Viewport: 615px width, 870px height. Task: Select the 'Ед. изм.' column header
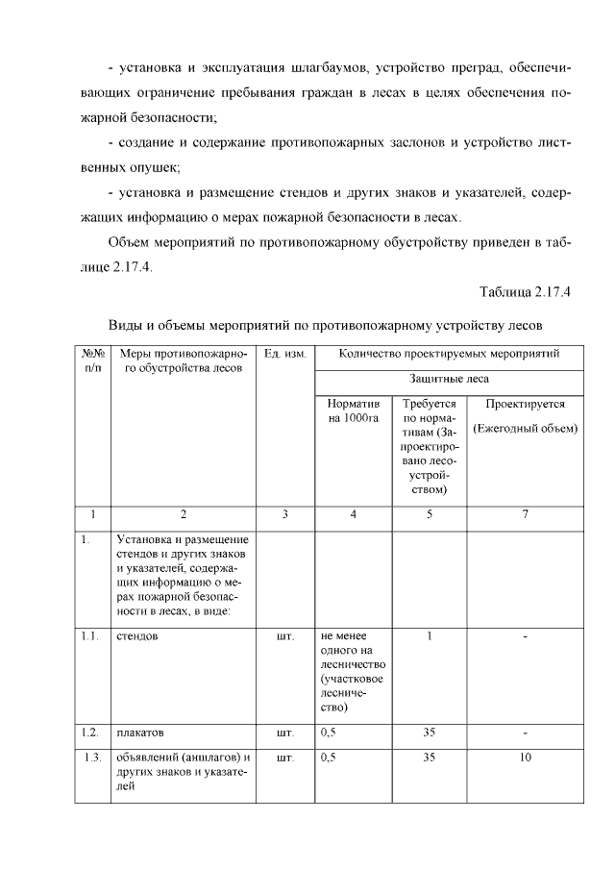284,355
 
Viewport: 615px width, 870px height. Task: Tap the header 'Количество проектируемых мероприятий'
449,355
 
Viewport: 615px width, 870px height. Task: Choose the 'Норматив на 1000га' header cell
353,410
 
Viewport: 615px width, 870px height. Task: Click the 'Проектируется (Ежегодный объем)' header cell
525,416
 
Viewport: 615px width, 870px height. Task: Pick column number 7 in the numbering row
525,514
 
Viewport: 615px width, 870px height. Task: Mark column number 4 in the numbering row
353,514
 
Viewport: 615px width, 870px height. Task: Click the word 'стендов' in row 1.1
137,635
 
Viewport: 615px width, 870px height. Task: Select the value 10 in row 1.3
525,758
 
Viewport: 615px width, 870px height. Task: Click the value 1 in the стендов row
430,635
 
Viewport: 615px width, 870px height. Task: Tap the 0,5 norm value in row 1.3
329,758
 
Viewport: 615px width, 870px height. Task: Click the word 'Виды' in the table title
125,324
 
